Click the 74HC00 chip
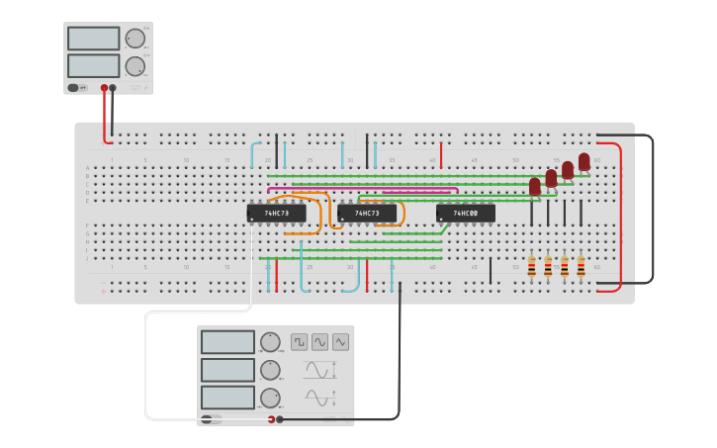coord(465,213)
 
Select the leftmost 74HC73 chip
coord(276,213)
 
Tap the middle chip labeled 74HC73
coord(367,213)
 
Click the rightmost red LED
coord(584,160)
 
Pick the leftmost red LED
coord(535,185)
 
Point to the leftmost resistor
coord(531,267)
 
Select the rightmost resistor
coord(581,267)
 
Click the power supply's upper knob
coord(134,39)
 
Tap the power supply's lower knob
coord(134,66)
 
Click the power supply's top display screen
coord(93,39)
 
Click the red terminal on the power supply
coord(104,88)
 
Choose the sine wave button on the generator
coord(319,342)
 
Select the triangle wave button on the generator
coord(340,342)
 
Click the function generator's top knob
coord(270,342)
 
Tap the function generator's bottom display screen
coord(227,398)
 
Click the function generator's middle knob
coord(270,370)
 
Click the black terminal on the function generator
coord(280,419)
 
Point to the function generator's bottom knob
coord(270,398)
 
